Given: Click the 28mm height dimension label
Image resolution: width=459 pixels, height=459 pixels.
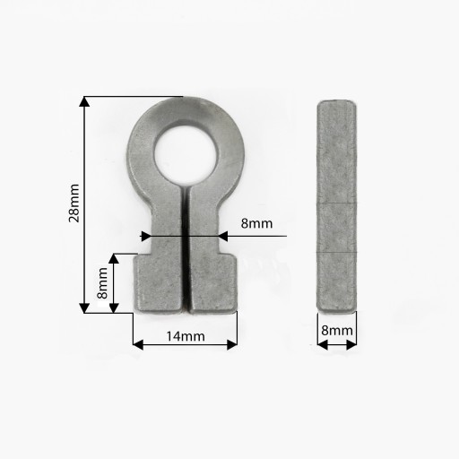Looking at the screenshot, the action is click(x=74, y=203).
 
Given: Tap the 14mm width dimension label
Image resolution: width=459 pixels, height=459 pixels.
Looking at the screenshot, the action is click(x=186, y=336).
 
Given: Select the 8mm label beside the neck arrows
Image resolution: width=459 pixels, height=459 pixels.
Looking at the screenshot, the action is click(x=256, y=223).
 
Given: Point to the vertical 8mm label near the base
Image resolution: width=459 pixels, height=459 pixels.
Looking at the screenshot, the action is click(x=102, y=283).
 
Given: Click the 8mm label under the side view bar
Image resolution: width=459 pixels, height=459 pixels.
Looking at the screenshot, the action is click(x=337, y=331).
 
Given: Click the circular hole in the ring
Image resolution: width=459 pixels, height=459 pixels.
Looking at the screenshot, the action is click(x=186, y=152).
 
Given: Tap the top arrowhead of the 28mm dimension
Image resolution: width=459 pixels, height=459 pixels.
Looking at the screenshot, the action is click(x=84, y=101).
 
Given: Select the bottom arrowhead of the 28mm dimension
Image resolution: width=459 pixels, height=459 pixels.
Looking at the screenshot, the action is click(x=84, y=307).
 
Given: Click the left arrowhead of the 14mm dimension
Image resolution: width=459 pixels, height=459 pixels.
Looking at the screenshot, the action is click(x=138, y=345).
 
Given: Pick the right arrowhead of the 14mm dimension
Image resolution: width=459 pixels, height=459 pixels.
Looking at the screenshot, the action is click(x=232, y=345).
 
